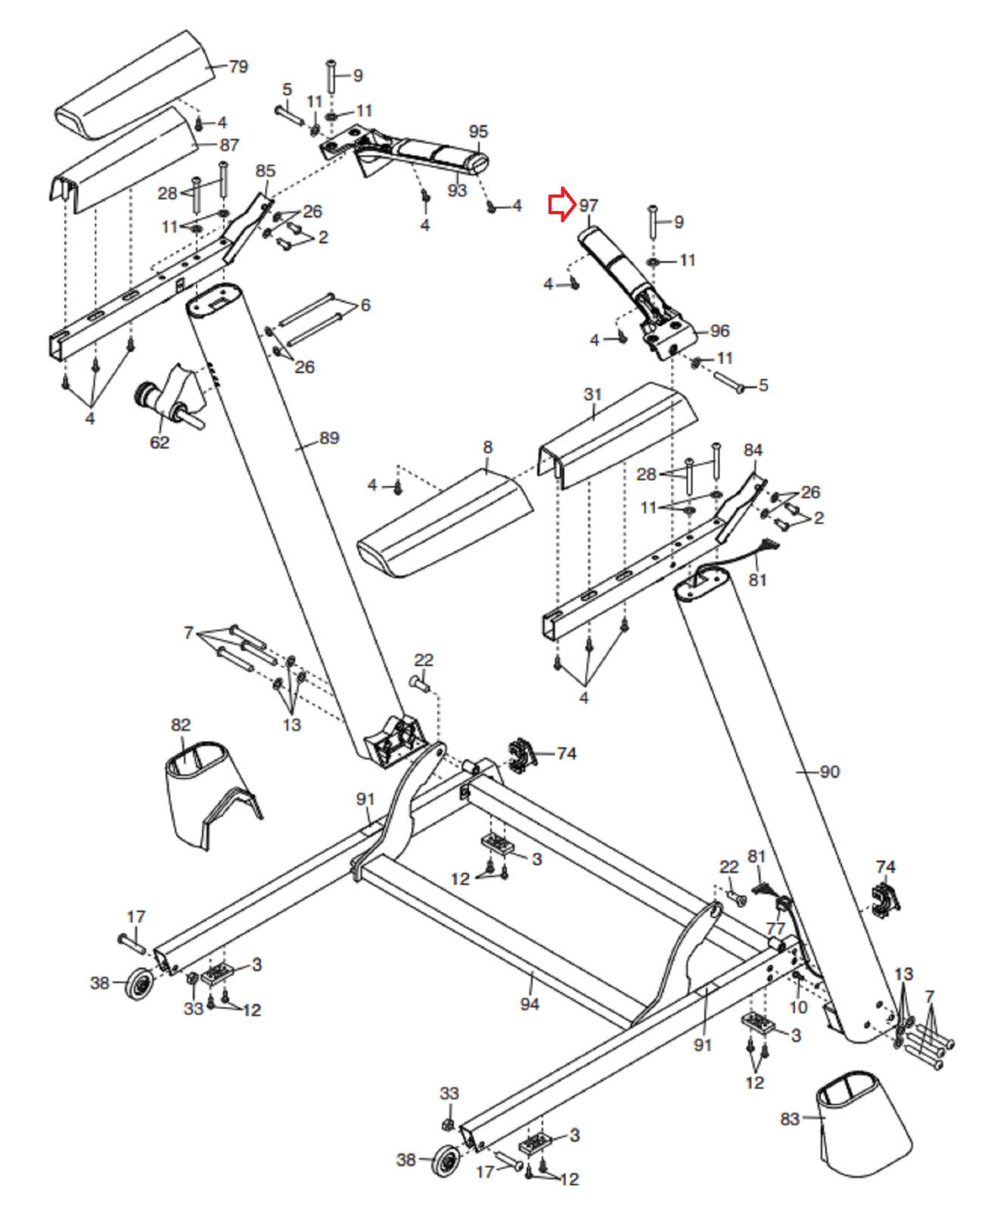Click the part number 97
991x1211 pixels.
tap(589, 206)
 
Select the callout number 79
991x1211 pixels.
tap(238, 67)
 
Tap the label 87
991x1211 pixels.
tap(229, 145)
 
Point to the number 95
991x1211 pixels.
tap(478, 132)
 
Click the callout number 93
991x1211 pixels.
tap(457, 190)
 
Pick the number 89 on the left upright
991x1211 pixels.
tap(329, 438)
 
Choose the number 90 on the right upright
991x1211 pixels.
tap(829, 771)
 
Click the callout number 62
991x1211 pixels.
tap(160, 442)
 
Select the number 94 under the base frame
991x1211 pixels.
tap(529, 1004)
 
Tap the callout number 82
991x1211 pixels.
tap(180, 724)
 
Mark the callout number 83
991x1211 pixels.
tap(790, 1119)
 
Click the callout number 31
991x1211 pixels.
tap(592, 394)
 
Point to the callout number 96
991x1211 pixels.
tap(719, 331)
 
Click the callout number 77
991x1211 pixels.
tap(775, 929)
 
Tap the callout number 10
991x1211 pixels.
tap(798, 1007)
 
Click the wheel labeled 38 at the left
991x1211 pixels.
tap(139, 984)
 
